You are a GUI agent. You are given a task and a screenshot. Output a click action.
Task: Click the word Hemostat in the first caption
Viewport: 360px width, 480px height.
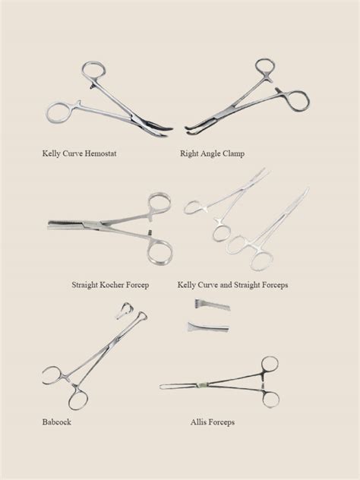(100, 153)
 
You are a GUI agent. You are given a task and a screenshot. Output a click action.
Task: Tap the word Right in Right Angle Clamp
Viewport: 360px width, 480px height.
(189, 153)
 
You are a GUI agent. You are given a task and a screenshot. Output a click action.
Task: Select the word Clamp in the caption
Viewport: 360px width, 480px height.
(233, 153)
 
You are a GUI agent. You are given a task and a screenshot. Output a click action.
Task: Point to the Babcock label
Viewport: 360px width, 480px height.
(57, 422)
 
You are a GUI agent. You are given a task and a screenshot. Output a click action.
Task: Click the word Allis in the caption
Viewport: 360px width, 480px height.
(197, 422)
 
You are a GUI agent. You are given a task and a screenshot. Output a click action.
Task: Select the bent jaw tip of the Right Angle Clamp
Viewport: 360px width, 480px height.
(188, 130)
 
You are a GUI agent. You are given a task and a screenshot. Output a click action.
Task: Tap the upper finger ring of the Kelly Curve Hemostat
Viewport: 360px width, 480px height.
(93, 71)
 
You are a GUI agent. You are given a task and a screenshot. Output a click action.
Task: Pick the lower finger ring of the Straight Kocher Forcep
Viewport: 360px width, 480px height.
(159, 251)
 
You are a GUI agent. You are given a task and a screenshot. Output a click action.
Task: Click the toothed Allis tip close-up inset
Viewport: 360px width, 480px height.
(212, 305)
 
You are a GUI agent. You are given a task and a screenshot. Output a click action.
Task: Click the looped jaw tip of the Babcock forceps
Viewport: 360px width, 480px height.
(141, 316)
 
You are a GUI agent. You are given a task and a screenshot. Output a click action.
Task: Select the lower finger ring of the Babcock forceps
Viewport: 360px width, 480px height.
(78, 397)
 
